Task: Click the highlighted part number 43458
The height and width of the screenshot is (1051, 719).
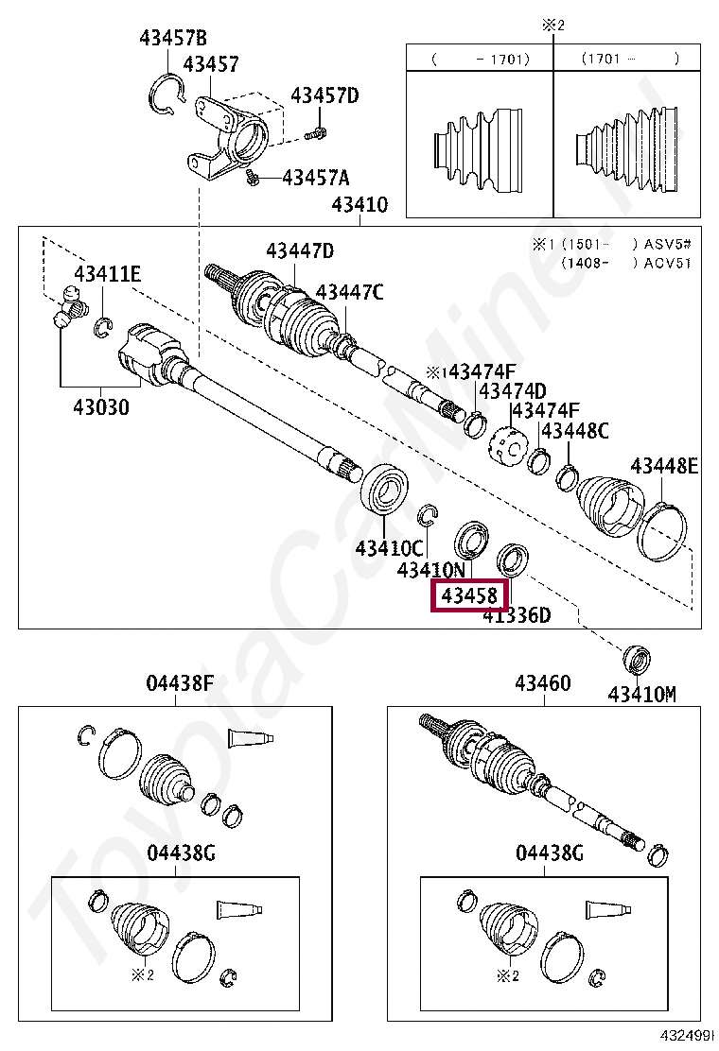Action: click(x=470, y=597)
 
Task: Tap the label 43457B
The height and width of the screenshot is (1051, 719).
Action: click(x=172, y=39)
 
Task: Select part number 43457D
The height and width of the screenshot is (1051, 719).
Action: click(x=324, y=95)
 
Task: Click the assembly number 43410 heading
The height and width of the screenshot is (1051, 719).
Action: click(x=359, y=204)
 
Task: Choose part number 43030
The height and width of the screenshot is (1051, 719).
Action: click(x=101, y=407)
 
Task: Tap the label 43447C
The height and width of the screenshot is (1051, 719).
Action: click(x=349, y=292)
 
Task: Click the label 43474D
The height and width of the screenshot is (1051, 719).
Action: click(x=512, y=391)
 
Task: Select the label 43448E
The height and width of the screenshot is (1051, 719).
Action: click(x=664, y=465)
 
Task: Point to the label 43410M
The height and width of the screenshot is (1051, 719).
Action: click(x=641, y=695)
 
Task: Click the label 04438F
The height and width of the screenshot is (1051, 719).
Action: click(x=180, y=683)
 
